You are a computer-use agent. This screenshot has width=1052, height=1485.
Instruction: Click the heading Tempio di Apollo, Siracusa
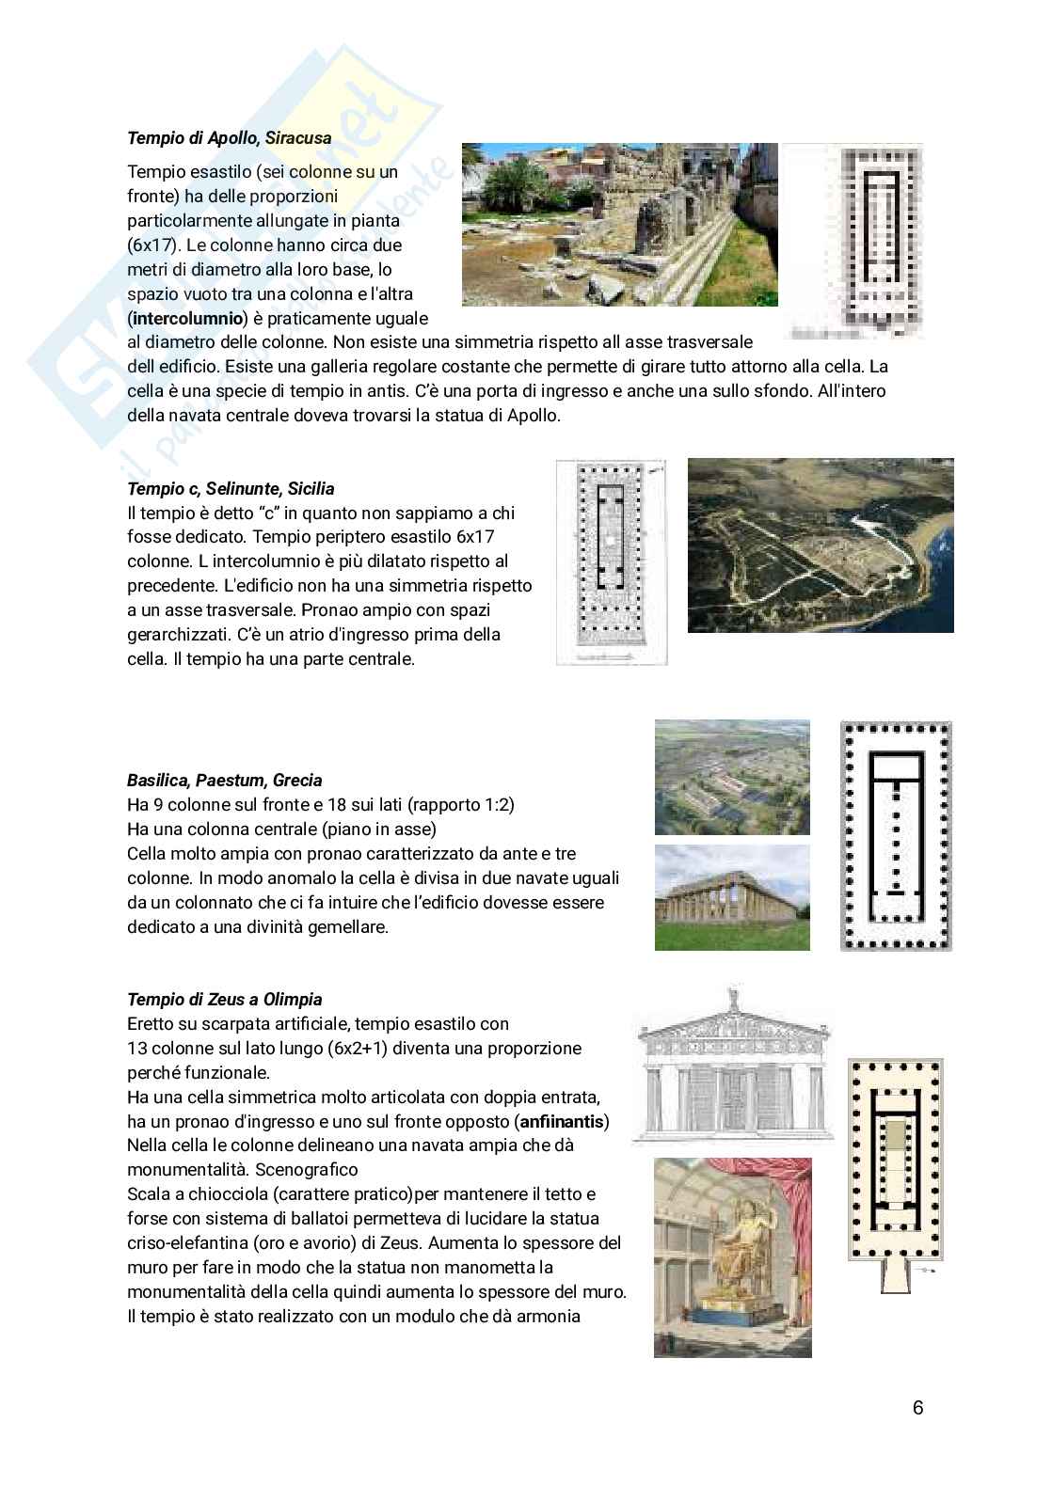(x=229, y=138)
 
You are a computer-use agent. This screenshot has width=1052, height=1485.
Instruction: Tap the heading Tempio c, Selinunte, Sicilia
(x=231, y=489)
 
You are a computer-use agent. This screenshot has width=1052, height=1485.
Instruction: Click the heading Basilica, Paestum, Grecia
(x=224, y=781)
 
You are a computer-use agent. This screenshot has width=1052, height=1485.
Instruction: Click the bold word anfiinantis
(x=563, y=1122)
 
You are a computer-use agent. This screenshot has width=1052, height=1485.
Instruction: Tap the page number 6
(x=917, y=1408)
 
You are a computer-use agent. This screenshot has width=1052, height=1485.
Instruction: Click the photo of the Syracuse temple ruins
(x=619, y=224)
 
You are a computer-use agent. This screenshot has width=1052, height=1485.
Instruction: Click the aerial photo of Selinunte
(x=820, y=545)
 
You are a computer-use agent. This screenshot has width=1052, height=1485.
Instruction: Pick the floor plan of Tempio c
(x=612, y=561)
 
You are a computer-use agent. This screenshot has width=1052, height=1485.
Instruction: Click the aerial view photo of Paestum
(x=731, y=777)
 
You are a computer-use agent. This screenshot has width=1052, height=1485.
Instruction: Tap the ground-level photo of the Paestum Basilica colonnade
(x=731, y=897)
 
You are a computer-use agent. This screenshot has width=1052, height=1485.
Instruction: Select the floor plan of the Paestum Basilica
(x=895, y=835)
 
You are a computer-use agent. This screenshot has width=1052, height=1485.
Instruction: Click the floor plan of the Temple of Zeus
(x=894, y=1161)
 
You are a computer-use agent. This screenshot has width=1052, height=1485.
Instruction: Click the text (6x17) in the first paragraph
(x=156, y=245)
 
